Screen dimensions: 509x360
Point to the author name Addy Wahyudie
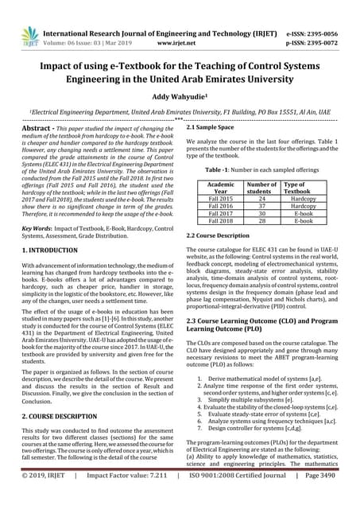click(180, 94)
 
